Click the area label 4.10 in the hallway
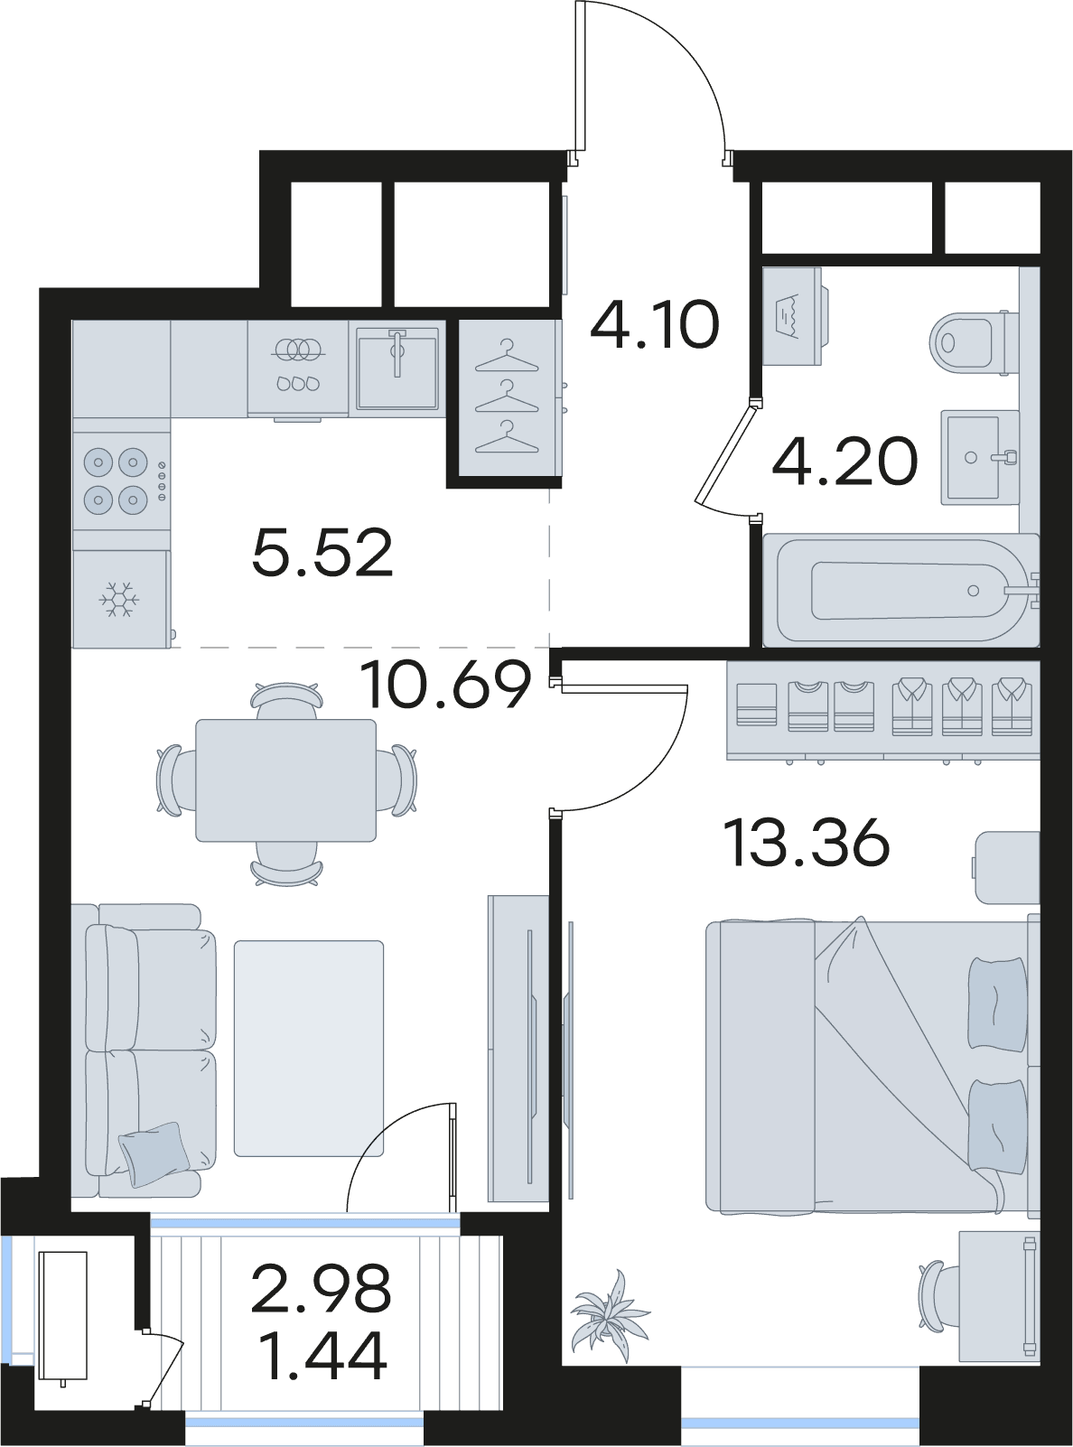pyautogui.click(x=654, y=324)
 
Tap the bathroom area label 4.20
pyautogui.click(x=844, y=462)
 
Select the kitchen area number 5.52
pyautogui.click(x=322, y=553)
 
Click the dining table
pyautogui.click(x=285, y=780)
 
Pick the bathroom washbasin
pyautogui.click(x=978, y=457)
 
